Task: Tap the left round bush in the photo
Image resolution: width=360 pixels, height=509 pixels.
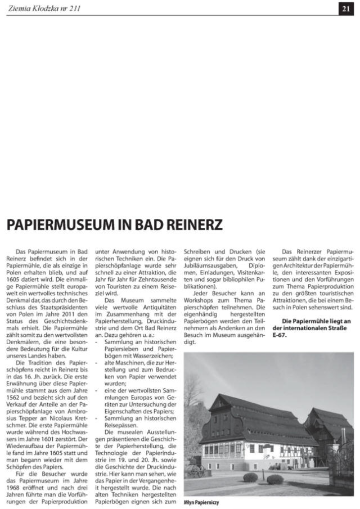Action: click(250, 477)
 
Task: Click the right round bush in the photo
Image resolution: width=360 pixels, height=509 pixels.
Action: click(275, 479)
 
